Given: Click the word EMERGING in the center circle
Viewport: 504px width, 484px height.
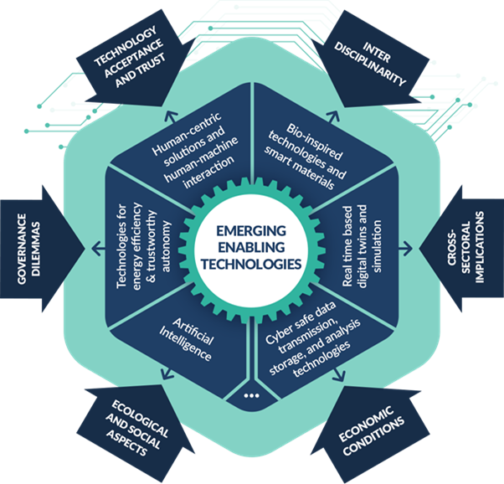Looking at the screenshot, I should tap(252, 231).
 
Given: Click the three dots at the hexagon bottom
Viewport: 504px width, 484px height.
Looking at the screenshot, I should tap(252, 393).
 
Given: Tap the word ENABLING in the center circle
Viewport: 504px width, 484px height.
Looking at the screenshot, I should tap(252, 247).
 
